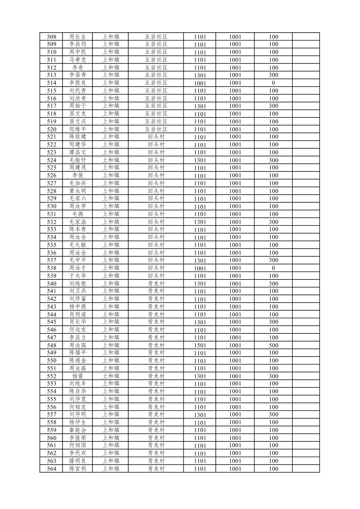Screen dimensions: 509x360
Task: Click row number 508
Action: pos(52,37)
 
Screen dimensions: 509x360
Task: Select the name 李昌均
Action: pos(77,44)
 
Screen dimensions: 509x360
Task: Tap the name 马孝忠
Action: pos(77,60)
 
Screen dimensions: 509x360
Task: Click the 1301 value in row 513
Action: pos(200,75)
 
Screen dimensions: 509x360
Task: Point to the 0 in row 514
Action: pos(273,83)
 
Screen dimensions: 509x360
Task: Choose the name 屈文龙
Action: pos(77,114)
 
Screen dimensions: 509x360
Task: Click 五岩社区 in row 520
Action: pos(156,129)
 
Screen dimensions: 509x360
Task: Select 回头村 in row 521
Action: pos(156,137)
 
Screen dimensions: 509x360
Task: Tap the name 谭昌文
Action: pos(77,152)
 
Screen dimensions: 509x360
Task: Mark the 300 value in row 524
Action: pos(273,160)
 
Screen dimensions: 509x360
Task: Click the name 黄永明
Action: pos(77,191)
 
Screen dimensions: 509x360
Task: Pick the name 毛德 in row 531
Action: pos(77,214)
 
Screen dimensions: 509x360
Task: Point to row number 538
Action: pos(52,268)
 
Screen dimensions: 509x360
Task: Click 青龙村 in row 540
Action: pos(156,283)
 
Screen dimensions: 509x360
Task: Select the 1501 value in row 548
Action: pos(200,345)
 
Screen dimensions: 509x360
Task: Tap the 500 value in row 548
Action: pos(273,345)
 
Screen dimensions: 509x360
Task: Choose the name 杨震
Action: pos(77,376)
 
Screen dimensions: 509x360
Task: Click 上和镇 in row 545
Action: pos(111,322)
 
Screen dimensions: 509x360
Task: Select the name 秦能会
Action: pos(77,430)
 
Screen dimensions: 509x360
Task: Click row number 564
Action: pos(52,468)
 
